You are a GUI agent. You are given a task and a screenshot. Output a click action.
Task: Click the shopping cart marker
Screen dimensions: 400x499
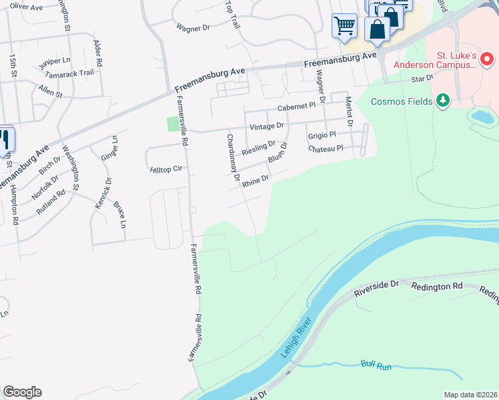[344, 27]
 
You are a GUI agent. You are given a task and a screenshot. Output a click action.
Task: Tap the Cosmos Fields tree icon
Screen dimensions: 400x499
[442, 101]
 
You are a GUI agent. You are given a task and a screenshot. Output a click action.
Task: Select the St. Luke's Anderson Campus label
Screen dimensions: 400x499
[435, 59]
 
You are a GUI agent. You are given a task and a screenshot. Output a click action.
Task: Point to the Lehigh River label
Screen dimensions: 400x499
[297, 340]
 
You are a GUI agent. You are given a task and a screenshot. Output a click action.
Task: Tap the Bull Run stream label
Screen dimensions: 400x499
[374, 364]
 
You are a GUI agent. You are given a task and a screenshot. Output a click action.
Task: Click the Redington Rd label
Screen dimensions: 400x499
[437, 286]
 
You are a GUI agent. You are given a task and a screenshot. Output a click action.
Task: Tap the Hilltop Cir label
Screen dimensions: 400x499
[167, 169]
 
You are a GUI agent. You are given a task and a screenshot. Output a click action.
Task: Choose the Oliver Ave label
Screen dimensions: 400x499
[27, 7]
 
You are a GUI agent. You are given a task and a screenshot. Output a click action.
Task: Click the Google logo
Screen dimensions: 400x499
[22, 392]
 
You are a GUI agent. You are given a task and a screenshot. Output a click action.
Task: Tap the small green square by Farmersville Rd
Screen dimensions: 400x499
[173, 123]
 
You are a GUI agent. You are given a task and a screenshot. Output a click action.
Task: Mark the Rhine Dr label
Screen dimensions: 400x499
[255, 181]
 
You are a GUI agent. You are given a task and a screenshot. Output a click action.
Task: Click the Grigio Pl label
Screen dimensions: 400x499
[321, 135]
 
